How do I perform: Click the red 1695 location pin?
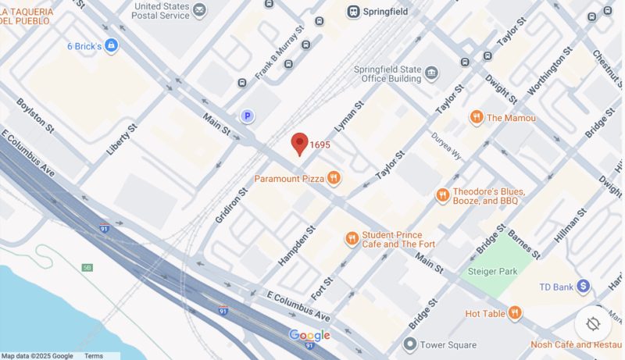300,143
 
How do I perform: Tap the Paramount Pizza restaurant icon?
334,178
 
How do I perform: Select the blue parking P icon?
248,116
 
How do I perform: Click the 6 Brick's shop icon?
111,45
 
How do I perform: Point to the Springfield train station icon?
353,12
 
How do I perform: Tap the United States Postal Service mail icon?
199,10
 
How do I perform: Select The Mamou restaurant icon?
476,117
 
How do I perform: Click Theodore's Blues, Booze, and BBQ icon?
443,195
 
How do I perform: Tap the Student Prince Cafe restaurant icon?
352,238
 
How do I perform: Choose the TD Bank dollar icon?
583,287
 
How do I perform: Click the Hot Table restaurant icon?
514,313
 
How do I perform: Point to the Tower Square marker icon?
409,344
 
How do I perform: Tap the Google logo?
309,335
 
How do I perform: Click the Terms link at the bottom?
94,356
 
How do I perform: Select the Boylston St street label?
36,115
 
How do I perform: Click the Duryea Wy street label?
447,146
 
